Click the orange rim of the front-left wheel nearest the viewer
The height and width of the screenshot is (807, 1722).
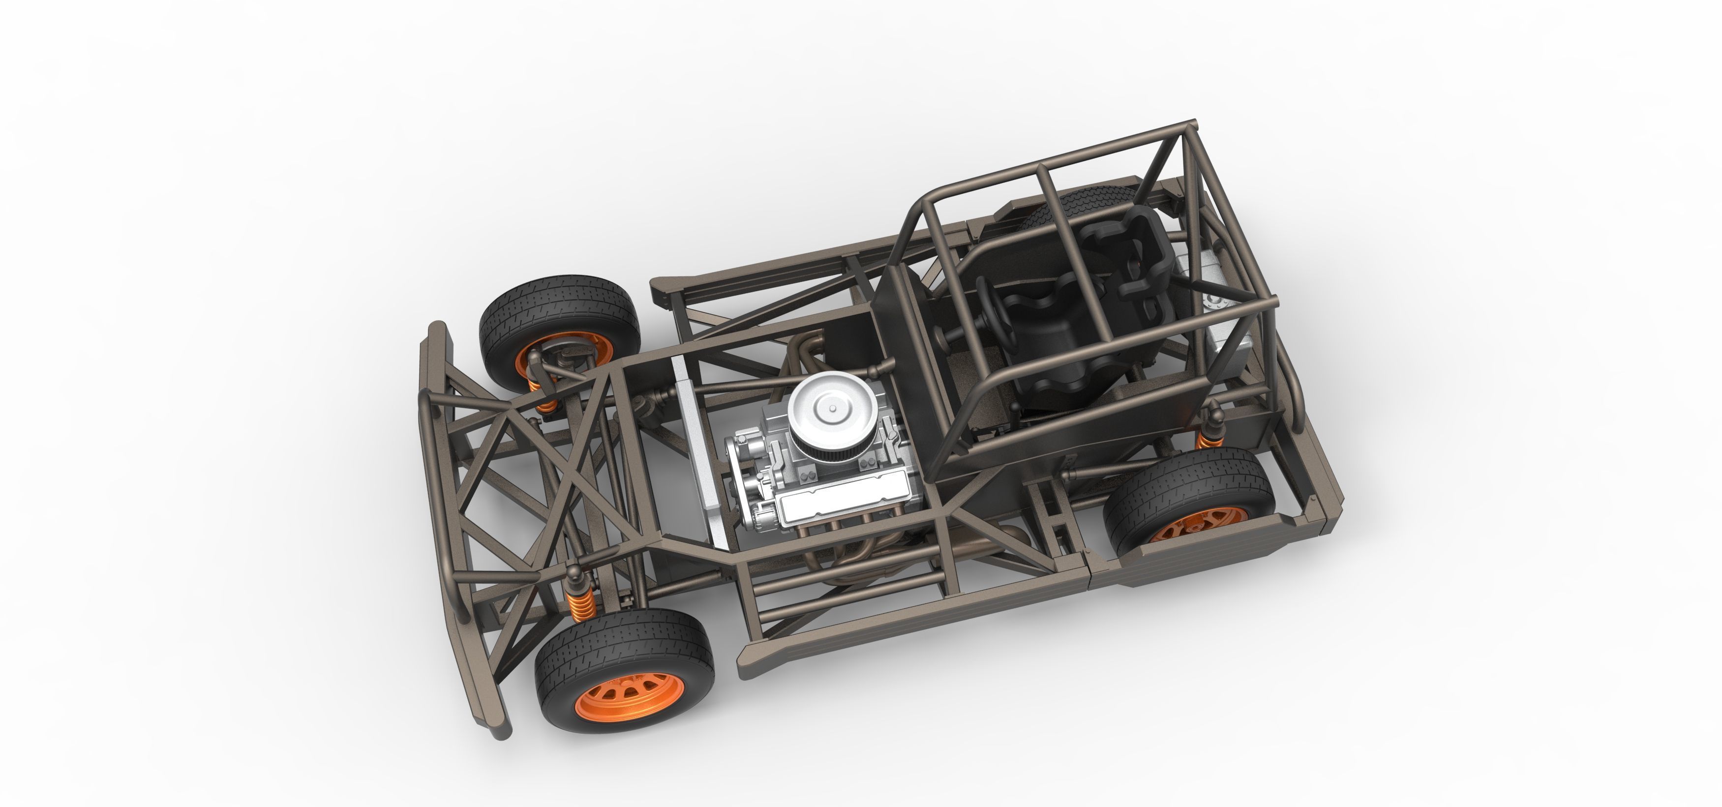(613, 697)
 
